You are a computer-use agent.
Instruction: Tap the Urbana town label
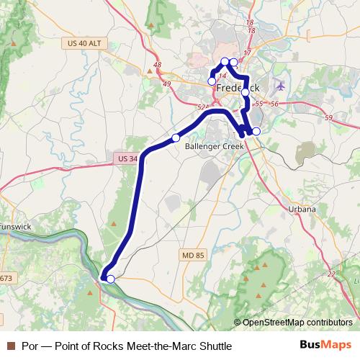(x=302, y=210)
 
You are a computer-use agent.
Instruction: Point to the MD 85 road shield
(x=191, y=254)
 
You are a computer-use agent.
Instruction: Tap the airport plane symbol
(x=280, y=86)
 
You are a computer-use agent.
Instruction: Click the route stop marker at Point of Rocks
(x=110, y=279)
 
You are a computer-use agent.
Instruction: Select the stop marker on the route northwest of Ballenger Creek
(x=176, y=137)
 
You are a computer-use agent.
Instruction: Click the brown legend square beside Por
(x=11, y=346)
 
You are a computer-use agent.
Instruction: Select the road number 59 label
(x=329, y=118)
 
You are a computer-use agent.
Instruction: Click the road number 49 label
(x=167, y=84)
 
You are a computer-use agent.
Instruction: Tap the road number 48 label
(x=158, y=66)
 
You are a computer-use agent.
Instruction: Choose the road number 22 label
(x=332, y=274)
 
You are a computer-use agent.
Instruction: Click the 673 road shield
(x=6, y=278)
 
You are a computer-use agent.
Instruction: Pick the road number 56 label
(x=274, y=104)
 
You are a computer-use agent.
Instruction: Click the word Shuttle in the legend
(x=214, y=346)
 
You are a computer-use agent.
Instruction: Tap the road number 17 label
(x=246, y=53)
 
